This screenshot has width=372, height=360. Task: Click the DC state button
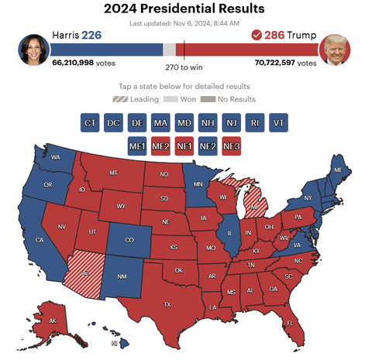point(113,122)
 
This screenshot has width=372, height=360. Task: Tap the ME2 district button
point(160,145)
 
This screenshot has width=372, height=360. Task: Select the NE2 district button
point(208,145)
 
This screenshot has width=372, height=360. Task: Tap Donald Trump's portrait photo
point(336,50)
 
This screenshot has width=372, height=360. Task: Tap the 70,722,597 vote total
point(284,63)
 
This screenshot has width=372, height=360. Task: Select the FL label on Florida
point(291,323)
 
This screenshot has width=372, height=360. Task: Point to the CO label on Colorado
point(129,239)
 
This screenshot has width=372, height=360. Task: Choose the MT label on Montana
point(114,173)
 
